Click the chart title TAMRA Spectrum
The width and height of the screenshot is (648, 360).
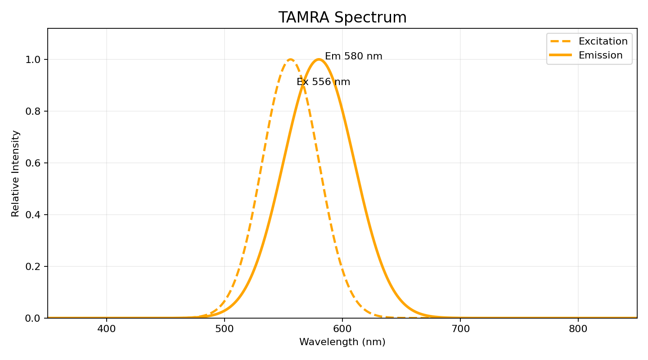pos(342,18)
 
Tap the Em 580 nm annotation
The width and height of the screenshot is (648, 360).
pos(353,56)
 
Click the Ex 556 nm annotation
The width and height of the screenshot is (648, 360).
pos(323,82)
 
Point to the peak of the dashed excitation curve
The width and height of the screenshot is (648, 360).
pos(291,59)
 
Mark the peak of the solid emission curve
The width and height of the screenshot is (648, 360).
pos(319,59)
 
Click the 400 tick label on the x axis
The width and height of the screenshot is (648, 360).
pos(107,329)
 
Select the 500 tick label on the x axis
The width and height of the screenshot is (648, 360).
pos(225,329)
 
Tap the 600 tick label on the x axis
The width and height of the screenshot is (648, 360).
pos(342,329)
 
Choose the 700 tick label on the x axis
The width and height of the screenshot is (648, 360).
pos(460,329)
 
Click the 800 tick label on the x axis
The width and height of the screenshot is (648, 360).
pos(578,329)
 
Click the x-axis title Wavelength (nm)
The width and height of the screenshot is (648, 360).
pos(342,342)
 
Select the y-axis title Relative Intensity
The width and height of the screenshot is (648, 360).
pos(16,173)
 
